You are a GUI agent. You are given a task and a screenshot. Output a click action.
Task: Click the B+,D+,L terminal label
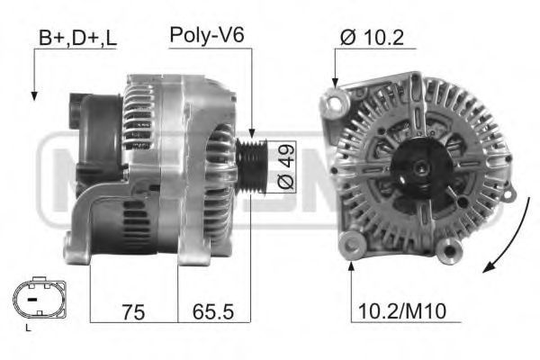77,38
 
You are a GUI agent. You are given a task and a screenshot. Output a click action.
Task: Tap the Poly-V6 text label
207,35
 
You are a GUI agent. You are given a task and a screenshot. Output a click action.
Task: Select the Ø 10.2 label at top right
372,37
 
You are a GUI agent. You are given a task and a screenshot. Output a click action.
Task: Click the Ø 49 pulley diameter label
286,166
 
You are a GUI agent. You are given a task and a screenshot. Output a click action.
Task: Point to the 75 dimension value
133,312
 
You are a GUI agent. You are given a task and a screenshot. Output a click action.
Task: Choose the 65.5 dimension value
213,312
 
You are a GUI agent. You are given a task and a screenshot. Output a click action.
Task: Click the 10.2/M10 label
402,311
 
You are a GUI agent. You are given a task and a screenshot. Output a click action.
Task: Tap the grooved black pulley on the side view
251,166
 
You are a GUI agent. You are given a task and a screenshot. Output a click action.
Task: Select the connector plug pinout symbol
40,298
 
